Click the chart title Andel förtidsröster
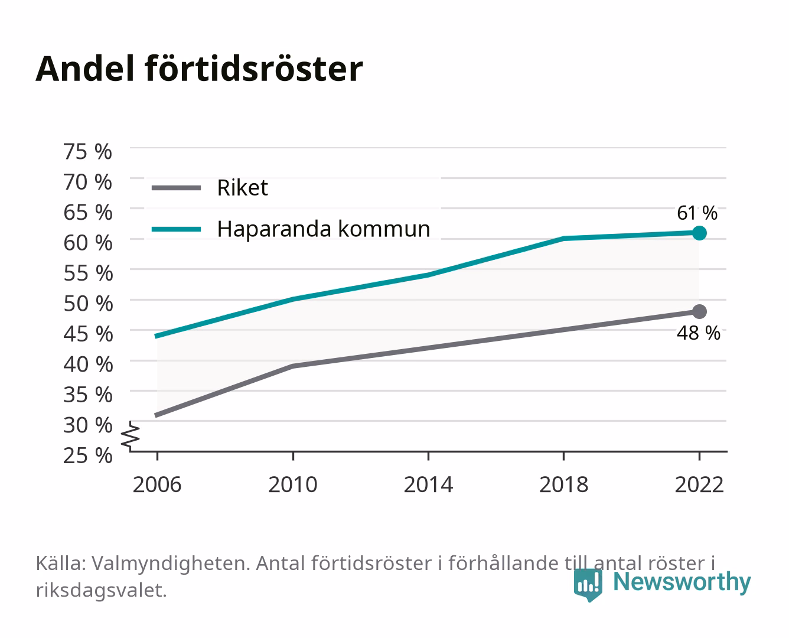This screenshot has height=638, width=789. click(199, 69)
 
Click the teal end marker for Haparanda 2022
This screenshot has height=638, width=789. click(699, 233)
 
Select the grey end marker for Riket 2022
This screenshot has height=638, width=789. click(699, 311)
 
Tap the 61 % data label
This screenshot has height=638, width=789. click(697, 213)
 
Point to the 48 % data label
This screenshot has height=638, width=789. click(699, 333)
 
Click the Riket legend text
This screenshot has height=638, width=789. click(243, 187)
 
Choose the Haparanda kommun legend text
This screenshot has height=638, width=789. click(324, 229)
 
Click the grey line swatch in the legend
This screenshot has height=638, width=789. click(177, 188)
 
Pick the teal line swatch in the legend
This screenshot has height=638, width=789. click(177, 229)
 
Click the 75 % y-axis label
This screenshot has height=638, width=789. click(88, 152)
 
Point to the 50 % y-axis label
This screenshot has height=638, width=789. click(88, 304)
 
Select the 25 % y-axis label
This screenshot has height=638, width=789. click(88, 455)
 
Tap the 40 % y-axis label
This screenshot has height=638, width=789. click(88, 364)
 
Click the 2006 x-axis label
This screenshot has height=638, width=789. click(157, 484)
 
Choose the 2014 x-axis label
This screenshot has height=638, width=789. click(428, 484)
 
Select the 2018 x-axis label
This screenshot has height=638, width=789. click(564, 484)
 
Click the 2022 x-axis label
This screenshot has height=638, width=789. click(699, 484)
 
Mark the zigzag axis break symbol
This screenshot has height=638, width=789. click(131, 436)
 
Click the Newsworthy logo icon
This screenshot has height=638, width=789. click(588, 585)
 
